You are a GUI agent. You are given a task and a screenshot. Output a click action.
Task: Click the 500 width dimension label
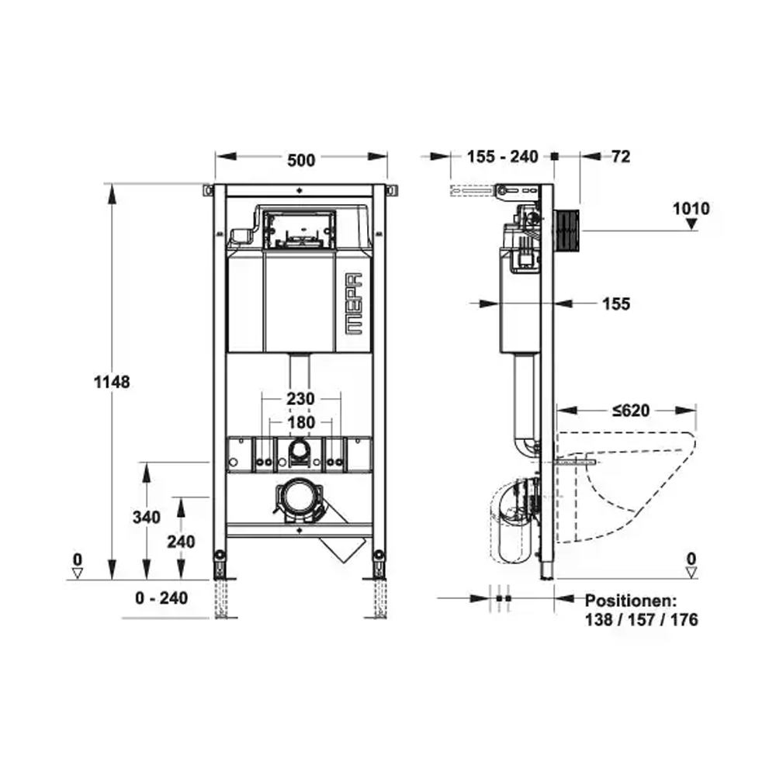301,161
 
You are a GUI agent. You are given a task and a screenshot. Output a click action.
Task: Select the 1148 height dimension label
112,382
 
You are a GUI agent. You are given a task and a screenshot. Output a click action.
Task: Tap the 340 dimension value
147,517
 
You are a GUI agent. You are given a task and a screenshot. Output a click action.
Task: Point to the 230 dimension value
301,398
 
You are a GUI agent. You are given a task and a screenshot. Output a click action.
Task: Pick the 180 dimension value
301,422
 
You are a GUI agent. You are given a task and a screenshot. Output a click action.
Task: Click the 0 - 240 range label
161,598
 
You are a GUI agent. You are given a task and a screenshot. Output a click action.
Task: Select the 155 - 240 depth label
502,157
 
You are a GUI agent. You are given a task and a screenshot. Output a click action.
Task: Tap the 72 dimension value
621,157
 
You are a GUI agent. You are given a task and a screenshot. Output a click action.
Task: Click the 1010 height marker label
691,208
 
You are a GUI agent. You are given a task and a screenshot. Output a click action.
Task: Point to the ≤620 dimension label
631,411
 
